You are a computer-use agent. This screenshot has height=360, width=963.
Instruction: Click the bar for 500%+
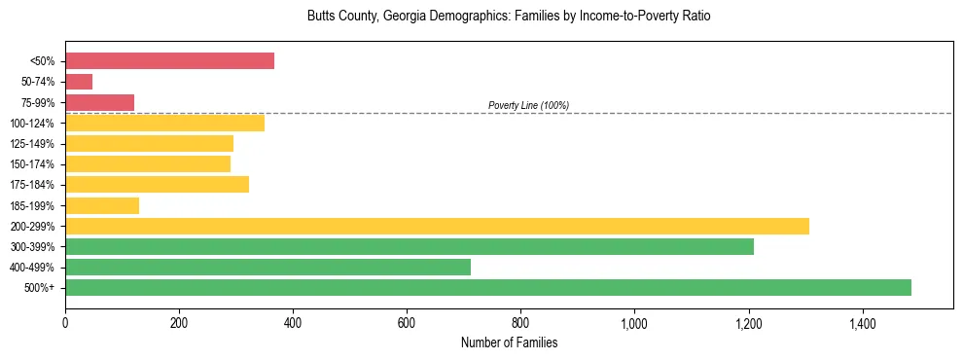[x=488, y=287]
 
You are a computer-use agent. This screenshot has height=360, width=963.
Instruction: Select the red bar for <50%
[x=169, y=61]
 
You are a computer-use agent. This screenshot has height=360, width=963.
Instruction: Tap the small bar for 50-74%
[x=79, y=82]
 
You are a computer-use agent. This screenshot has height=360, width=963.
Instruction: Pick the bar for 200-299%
[x=437, y=226]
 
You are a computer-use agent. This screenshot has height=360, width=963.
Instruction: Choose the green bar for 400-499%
[x=267, y=267]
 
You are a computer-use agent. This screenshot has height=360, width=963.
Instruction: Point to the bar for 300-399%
[x=410, y=246]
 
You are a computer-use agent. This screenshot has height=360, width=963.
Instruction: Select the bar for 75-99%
[x=99, y=102]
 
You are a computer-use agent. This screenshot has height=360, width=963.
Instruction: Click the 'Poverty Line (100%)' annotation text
[x=528, y=105]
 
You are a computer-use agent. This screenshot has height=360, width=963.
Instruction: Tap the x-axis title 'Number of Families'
[x=509, y=343]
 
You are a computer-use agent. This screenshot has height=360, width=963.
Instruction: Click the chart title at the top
[x=509, y=17]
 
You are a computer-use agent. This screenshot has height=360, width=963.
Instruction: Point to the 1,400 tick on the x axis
[x=862, y=322]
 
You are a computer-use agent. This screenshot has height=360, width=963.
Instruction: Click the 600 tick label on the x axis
[x=407, y=322]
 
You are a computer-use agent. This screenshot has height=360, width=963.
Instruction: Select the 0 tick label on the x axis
[x=65, y=322]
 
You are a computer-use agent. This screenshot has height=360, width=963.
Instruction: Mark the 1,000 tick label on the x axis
[x=634, y=322]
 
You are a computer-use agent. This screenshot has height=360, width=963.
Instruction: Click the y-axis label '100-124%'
[x=33, y=124]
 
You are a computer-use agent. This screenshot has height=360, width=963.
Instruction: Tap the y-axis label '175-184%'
[x=33, y=185]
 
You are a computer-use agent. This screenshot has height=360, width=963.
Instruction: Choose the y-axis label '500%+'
[x=40, y=288]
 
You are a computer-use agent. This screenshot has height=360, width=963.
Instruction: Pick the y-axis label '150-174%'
[x=33, y=164]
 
